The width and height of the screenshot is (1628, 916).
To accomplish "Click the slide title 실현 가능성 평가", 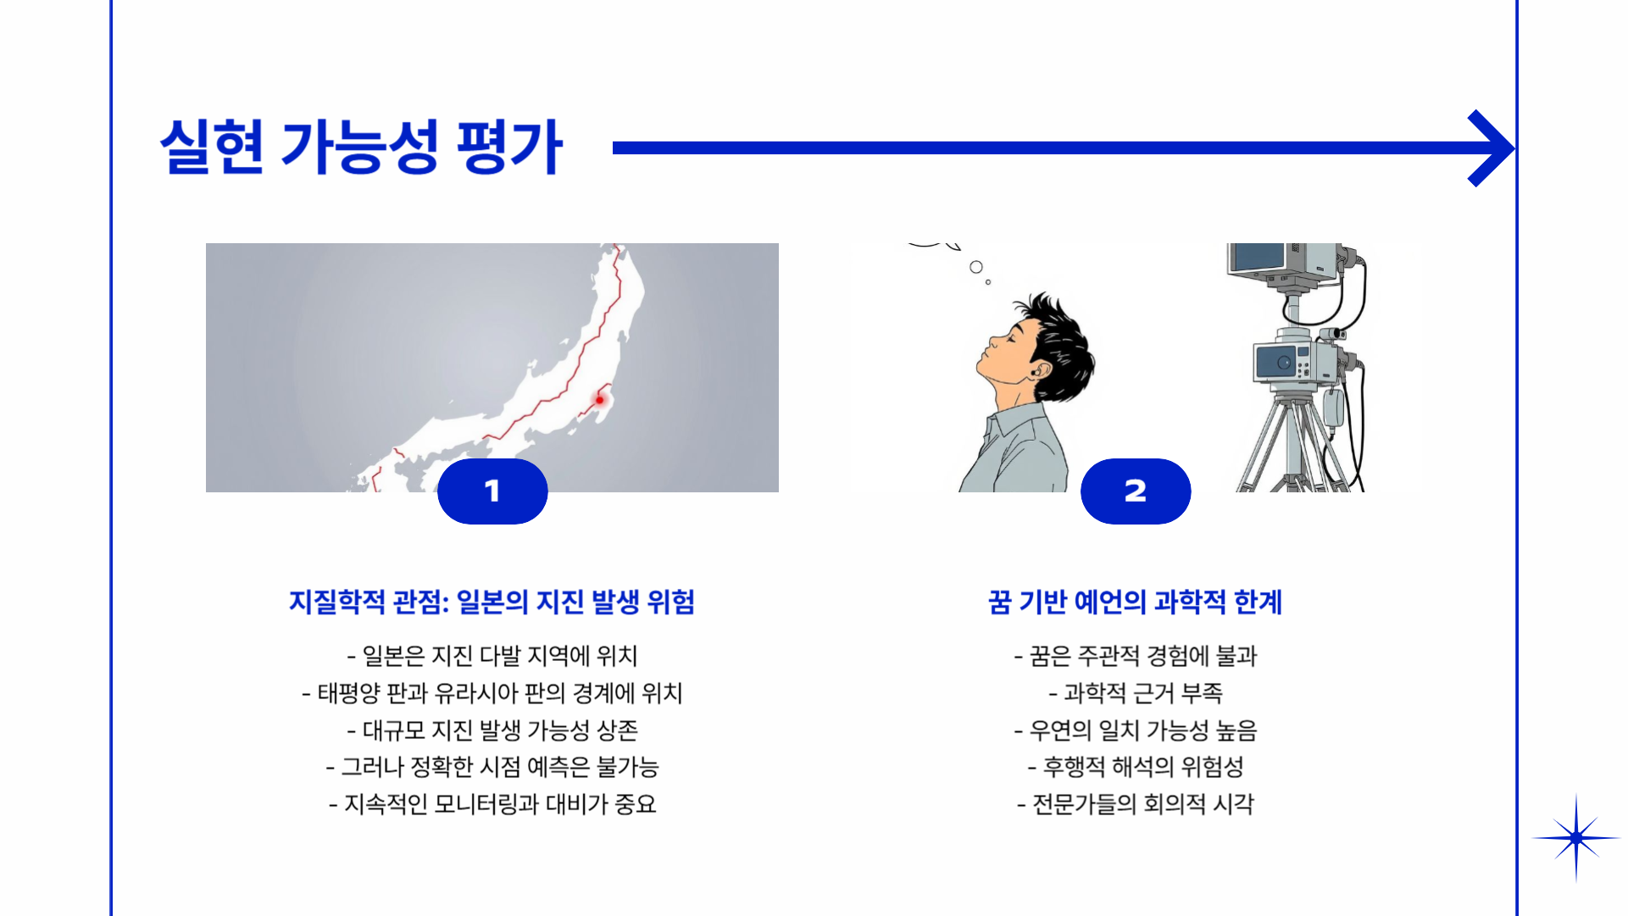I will pos(361,147).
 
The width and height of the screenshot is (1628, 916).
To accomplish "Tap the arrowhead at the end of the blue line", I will pos(1492,148).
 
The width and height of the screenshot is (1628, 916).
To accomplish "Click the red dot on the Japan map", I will pos(599,400).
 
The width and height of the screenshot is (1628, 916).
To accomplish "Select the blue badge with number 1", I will pos(492,491).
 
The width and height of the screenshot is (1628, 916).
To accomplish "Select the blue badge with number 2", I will pos(1136,491).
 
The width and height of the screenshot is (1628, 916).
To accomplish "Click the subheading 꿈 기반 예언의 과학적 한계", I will pos(1135,602).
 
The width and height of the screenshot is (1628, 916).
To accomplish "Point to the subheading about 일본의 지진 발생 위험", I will pos(492,602).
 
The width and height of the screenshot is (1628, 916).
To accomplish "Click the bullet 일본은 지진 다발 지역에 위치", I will pos(492,655).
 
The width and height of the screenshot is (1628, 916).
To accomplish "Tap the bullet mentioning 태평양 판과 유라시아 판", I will pos(492,692).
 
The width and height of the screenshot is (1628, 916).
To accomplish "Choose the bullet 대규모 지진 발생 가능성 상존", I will pos(492,730).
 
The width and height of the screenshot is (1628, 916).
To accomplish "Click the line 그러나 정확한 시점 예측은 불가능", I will pos(492,767).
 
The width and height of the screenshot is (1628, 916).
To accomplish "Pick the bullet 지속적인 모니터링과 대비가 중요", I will pos(492,804).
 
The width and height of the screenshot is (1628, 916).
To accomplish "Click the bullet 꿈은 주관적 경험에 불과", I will pos(1135,655).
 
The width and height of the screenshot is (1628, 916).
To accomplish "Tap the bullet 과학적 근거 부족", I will pos(1135,692).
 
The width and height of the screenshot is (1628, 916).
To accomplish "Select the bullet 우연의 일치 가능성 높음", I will pos(1135,730).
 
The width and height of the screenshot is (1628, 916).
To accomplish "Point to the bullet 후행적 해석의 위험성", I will pos(1135,767).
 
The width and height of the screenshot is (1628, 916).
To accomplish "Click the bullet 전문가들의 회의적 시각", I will pos(1135,804).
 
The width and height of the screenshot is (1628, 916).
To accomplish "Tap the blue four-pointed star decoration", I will pos(1575,838).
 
